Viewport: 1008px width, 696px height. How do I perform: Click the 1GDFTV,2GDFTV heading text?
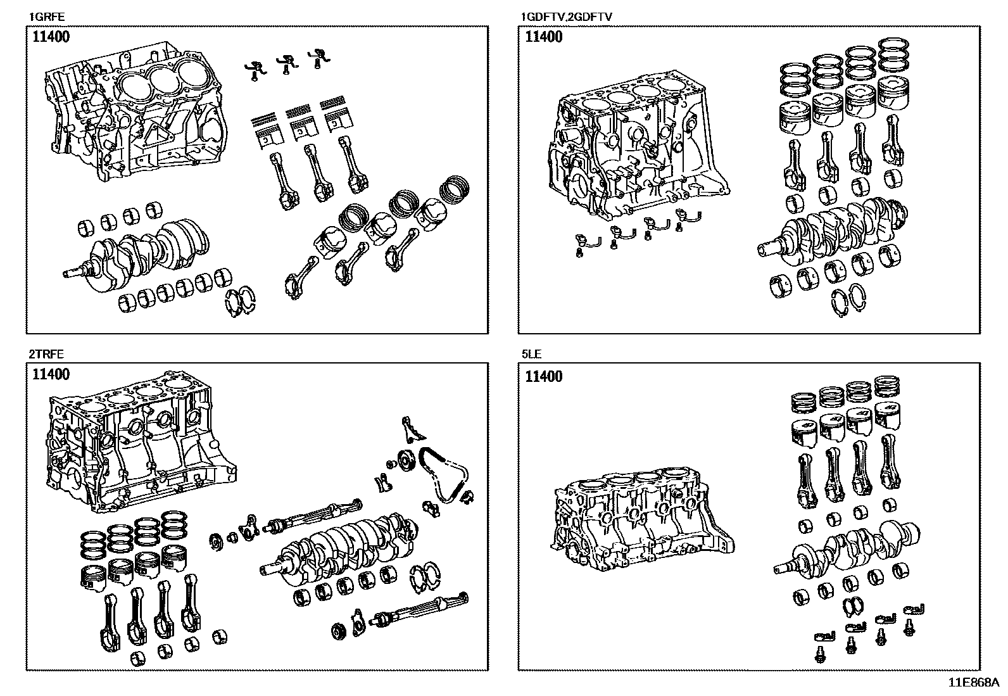(565, 17)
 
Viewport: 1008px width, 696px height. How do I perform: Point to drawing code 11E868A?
(973, 683)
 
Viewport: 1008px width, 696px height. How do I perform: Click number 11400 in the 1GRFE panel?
(51, 37)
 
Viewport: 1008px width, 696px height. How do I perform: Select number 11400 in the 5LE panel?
(543, 377)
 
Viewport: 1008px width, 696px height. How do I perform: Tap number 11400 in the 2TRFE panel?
(51, 374)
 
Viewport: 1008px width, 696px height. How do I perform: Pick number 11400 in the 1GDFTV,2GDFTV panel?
(543, 37)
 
